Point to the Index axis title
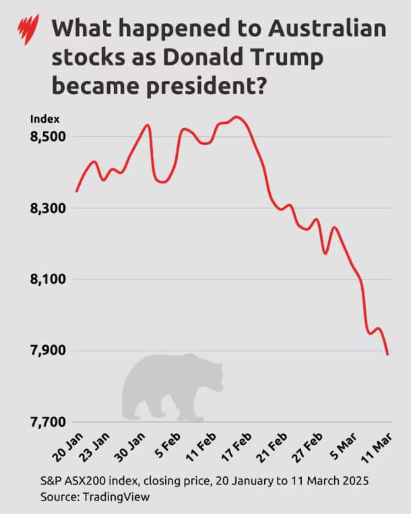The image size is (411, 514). coord(40,119)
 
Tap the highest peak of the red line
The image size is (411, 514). coord(236,117)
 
